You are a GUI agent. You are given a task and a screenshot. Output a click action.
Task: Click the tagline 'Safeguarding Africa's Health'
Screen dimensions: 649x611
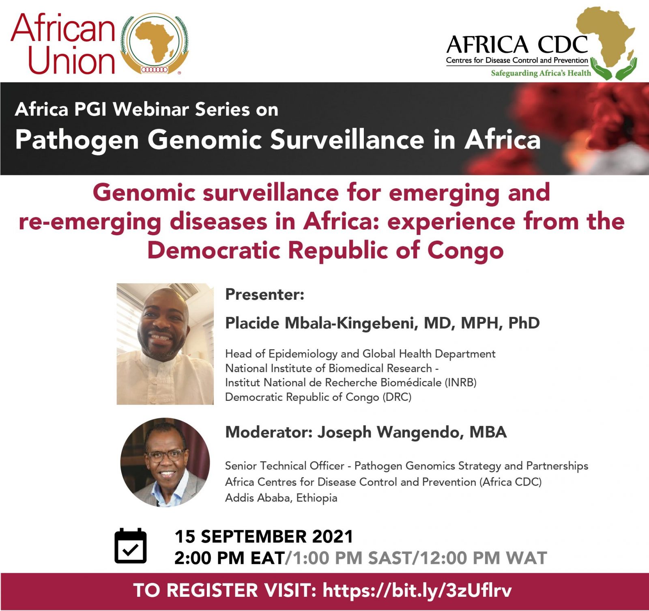click(541, 73)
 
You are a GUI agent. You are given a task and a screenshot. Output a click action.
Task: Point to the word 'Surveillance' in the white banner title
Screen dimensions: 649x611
click(347, 140)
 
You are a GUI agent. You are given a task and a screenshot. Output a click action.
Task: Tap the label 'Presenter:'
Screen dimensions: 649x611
click(264, 295)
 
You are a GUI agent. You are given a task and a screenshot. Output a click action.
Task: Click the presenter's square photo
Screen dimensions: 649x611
click(165, 344)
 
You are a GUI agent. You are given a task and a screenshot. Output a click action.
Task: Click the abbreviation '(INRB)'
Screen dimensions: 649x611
click(460, 383)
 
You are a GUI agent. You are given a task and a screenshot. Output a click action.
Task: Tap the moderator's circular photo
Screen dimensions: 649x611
click(165, 462)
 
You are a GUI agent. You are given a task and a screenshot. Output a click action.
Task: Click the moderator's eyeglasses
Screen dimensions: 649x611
click(165, 456)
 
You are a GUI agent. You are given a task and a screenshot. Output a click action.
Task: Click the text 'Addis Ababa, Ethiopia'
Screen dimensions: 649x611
click(281, 498)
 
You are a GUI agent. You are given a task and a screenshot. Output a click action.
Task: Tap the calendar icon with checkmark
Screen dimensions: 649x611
click(131, 546)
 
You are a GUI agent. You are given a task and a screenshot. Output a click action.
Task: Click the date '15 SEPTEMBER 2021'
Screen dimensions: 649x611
click(264, 536)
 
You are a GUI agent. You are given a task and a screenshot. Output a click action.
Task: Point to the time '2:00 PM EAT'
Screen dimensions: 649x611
click(230, 558)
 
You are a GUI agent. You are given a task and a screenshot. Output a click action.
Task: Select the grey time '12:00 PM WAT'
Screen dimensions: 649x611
click(483, 558)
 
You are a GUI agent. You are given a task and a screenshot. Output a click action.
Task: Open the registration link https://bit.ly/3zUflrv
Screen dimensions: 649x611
click(417, 590)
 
